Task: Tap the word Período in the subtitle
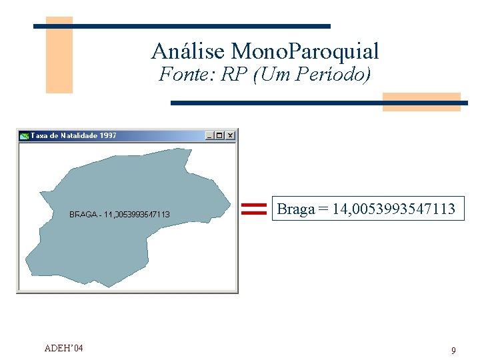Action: pos(337,75)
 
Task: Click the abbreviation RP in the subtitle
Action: pos(233,75)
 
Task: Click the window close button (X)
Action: pos(230,135)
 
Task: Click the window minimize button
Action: pos(210,135)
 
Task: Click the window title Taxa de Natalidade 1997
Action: pos(73,135)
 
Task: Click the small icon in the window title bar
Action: pos(25,135)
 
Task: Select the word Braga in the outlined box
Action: pos(295,209)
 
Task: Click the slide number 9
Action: pos(453,351)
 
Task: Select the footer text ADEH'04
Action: pos(63,348)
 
